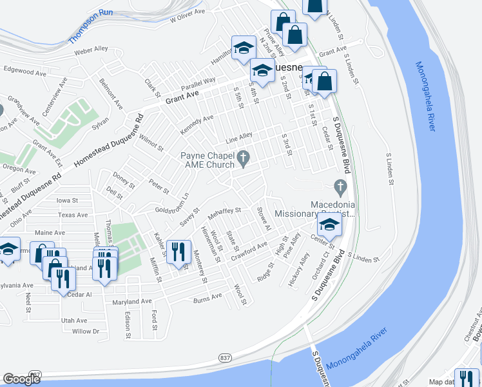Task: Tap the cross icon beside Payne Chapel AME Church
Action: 244,156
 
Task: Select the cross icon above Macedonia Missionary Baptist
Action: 340,188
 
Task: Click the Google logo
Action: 21,379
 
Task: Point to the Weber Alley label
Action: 91,50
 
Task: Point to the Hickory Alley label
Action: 300,270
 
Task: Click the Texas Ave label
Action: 72,215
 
